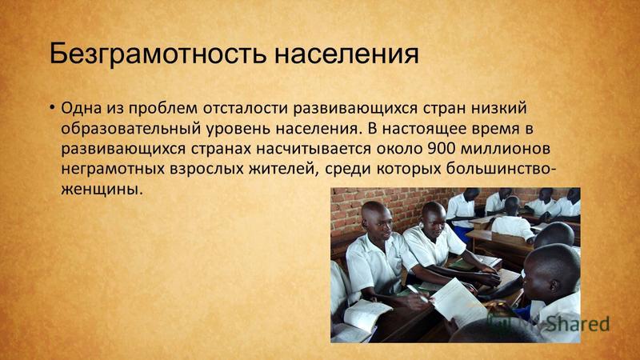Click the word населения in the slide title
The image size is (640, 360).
346,54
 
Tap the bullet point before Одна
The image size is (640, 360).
52,108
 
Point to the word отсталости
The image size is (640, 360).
246,108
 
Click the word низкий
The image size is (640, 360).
498,108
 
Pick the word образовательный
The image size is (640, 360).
130,129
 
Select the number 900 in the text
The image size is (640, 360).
442,149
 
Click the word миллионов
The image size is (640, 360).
506,149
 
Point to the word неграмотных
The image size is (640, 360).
113,169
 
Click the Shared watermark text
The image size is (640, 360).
578,324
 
